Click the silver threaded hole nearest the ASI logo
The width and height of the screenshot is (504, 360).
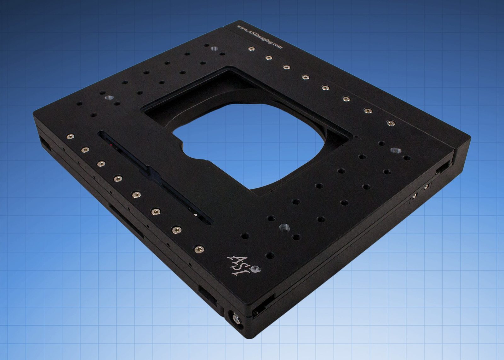(x=284, y=227)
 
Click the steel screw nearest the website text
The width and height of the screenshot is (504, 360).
(x=251, y=49)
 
